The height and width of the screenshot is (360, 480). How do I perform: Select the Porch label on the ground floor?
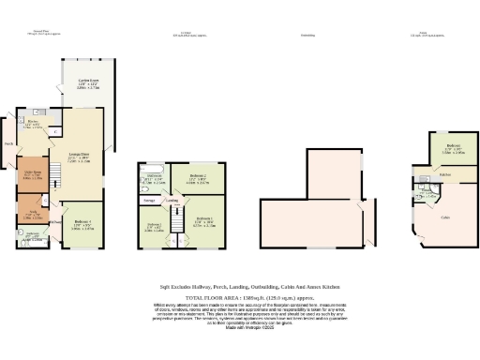point(8,144)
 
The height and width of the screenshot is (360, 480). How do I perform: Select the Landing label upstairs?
point(172,200)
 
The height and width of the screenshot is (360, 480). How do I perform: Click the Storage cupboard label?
point(149,200)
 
